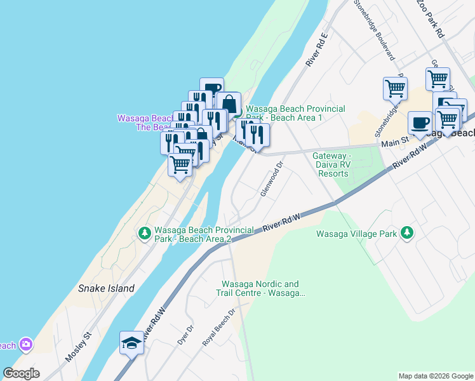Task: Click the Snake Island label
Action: (x=106, y=288)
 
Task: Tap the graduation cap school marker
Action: (x=131, y=343)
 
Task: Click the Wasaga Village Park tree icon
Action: (x=406, y=234)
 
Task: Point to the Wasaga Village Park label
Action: (x=356, y=234)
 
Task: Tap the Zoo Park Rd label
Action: (x=429, y=18)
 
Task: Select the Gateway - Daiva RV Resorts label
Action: (x=331, y=164)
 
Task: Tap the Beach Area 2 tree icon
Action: (x=145, y=234)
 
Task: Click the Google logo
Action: (x=21, y=373)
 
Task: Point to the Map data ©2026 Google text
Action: (x=435, y=376)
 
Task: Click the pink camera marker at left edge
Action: (x=25, y=345)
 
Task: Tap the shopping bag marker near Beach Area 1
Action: (x=229, y=103)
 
